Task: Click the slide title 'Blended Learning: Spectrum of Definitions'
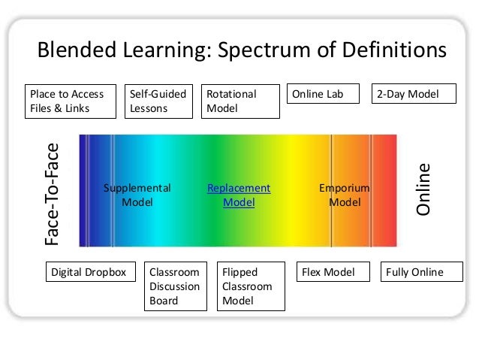point(242,51)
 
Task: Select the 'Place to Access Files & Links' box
point(71,101)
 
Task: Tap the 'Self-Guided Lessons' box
point(156,101)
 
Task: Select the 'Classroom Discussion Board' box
point(175,286)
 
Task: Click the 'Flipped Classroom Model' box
point(252,286)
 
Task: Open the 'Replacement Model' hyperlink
point(239,195)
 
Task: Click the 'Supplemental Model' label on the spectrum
point(137,195)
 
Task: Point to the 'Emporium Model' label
point(345,195)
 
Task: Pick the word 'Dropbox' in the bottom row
point(110,272)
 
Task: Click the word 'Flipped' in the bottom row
point(240,272)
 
